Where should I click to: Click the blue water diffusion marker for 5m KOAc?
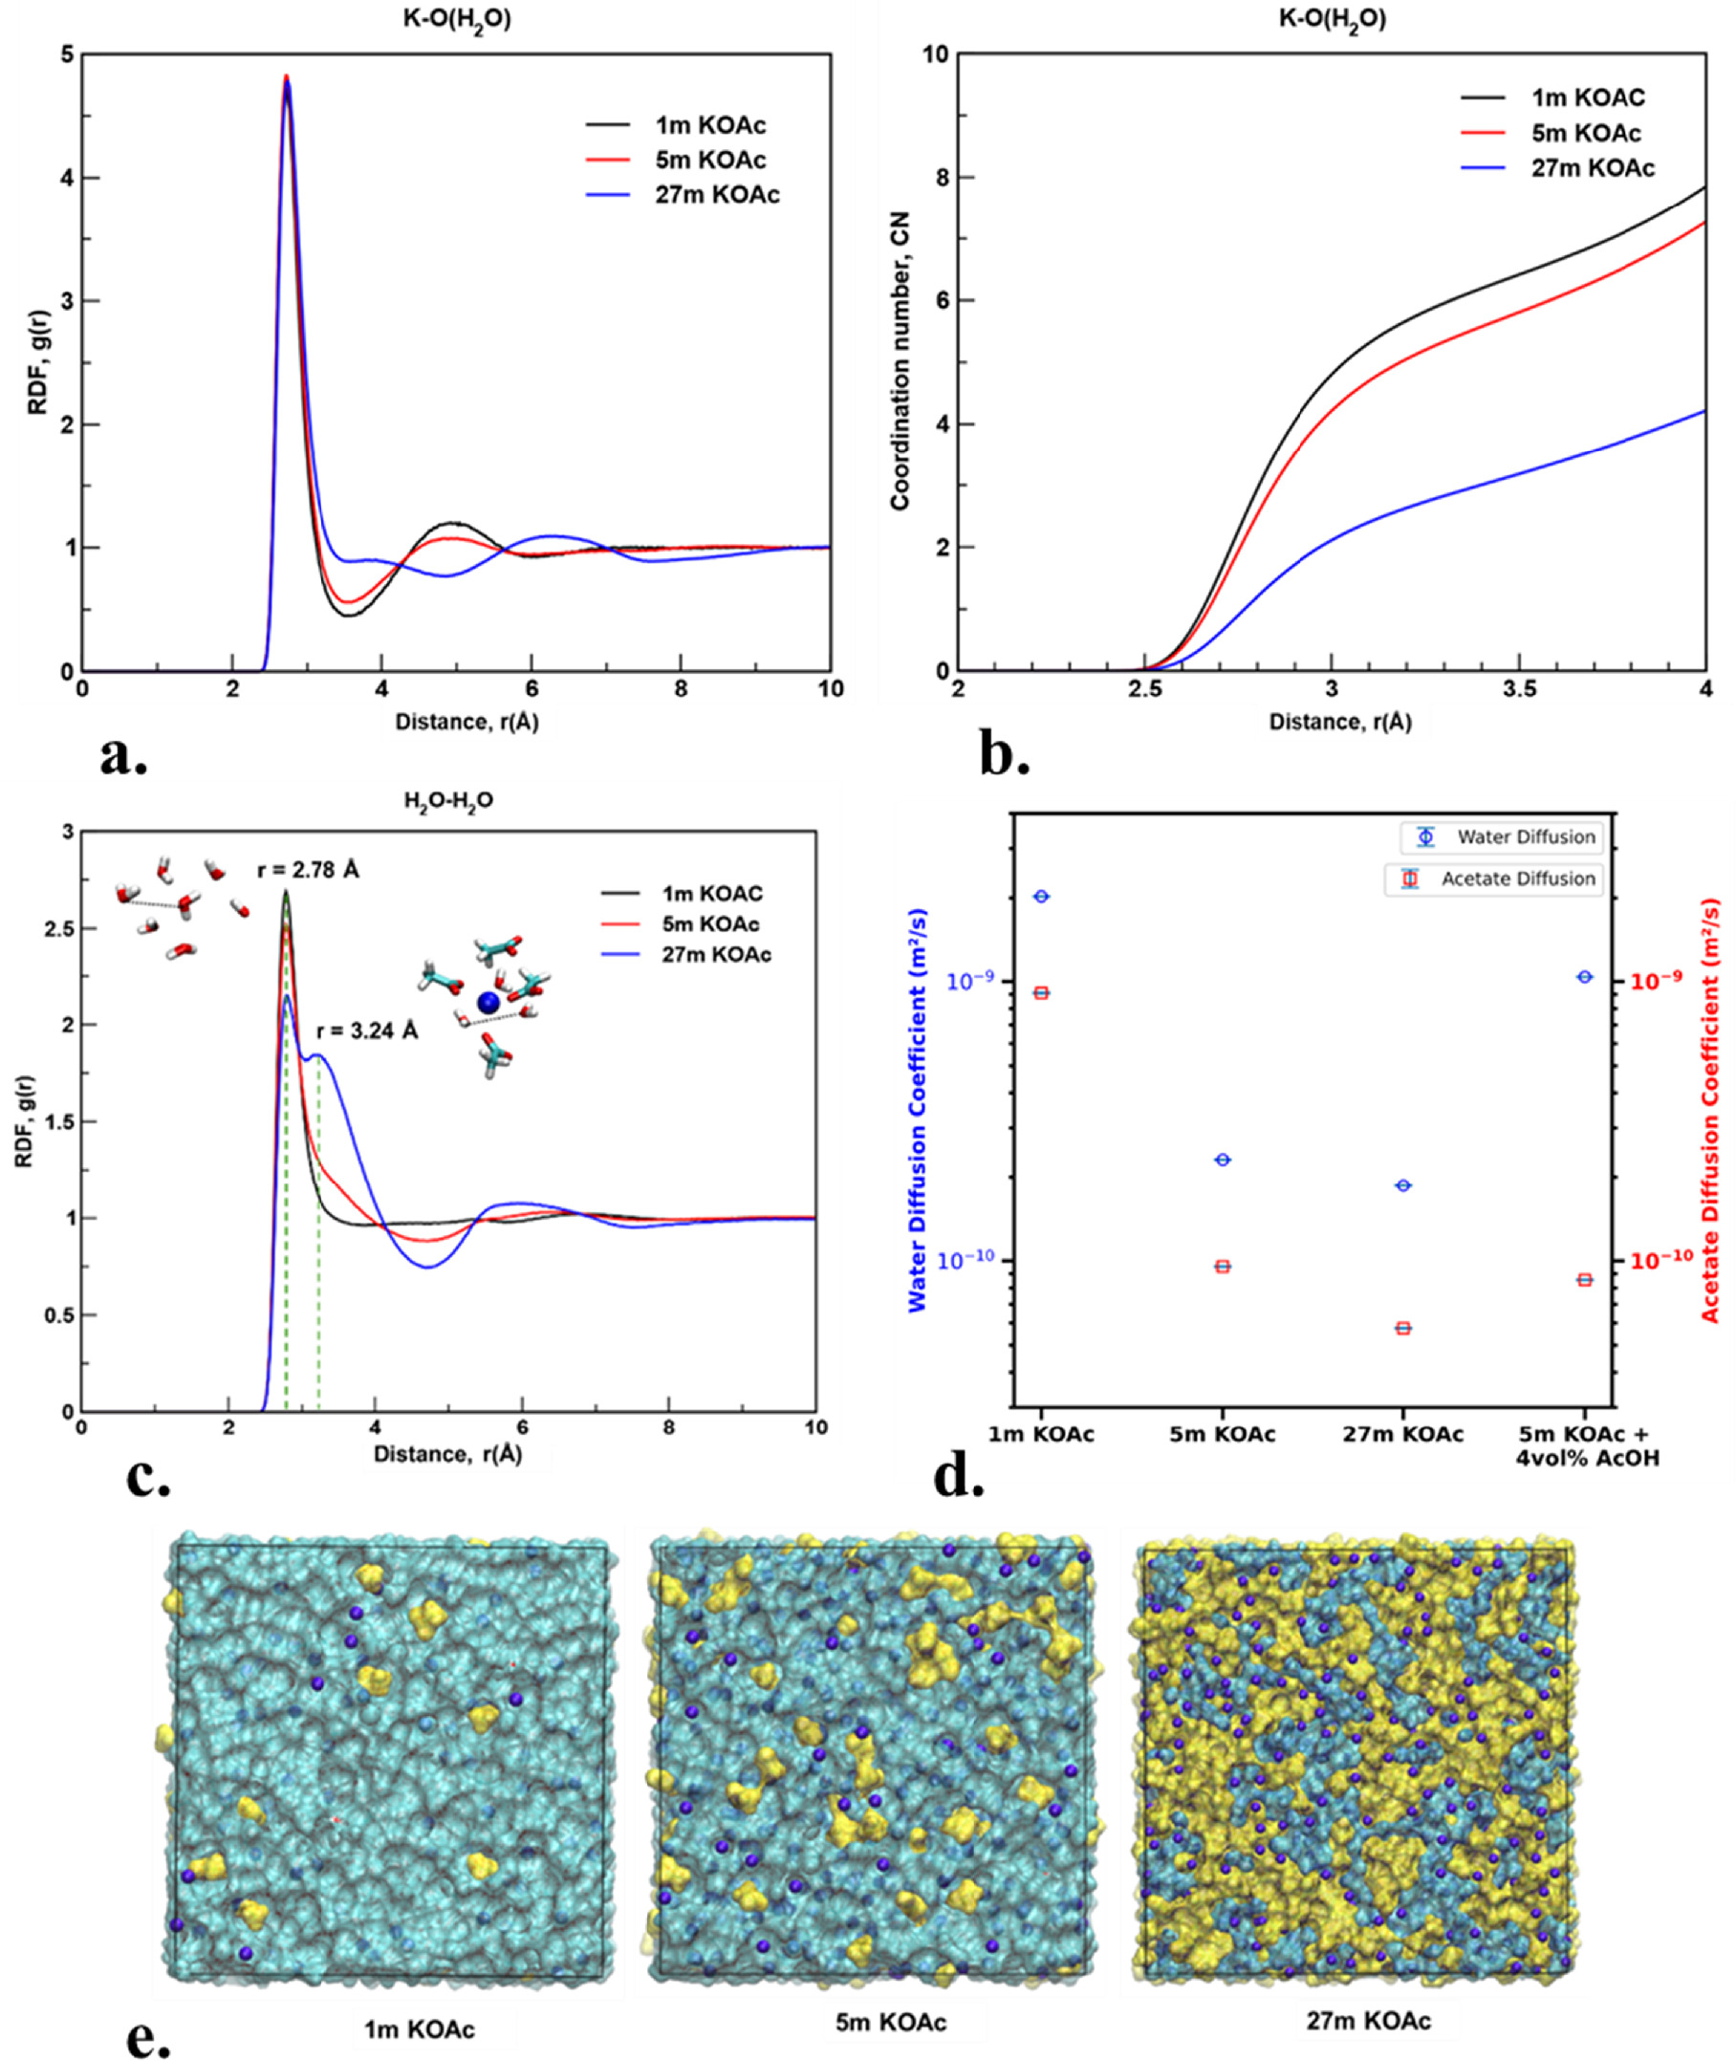1223,1161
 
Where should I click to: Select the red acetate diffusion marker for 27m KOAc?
1403,1329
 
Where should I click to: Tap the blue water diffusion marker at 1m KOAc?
1041,897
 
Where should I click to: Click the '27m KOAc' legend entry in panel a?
715,196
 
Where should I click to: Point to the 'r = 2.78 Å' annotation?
307,870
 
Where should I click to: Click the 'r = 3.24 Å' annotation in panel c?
367,1031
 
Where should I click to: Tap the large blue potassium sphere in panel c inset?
488,1003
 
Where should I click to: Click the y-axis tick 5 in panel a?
66,54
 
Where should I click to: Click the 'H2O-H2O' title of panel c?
448,801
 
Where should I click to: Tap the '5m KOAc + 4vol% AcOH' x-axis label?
1584,1444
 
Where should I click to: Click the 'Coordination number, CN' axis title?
900,361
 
